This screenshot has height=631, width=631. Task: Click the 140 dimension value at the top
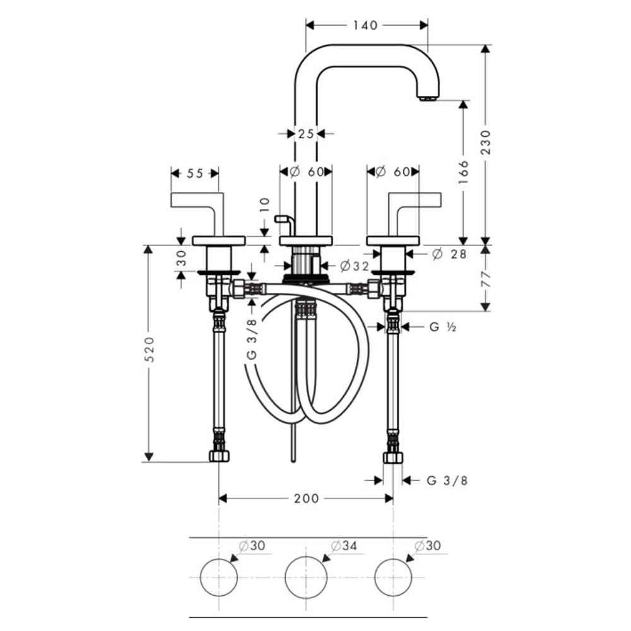coord(365,25)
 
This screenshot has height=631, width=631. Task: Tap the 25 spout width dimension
coord(306,133)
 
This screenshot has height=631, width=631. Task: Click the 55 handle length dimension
coord(195,174)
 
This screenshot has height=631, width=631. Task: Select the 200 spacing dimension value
coord(306,498)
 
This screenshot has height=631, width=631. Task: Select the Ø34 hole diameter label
coord(343,546)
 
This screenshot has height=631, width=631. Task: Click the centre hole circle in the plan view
coord(307,577)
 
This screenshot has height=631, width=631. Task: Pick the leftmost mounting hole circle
coord(219,577)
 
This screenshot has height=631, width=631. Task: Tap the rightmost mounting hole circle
coord(394,577)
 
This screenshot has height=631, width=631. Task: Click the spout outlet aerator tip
coord(428,98)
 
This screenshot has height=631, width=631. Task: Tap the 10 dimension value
coord(264,204)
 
